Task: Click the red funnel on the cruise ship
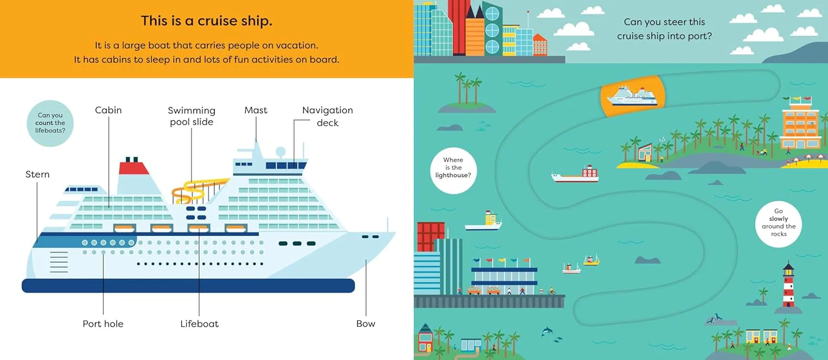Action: click(133, 168)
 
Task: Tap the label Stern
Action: click(38, 174)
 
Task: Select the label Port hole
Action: click(103, 324)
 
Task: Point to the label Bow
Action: click(365, 324)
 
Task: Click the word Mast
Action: click(256, 110)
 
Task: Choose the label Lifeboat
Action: click(199, 324)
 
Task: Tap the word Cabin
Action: click(108, 110)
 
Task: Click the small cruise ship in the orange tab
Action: click(633, 96)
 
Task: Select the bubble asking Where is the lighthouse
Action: click(453, 171)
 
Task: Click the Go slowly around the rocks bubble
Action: click(778, 224)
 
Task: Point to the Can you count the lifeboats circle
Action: click(50, 123)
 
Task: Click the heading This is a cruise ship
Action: click(206, 21)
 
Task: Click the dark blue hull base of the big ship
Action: click(188, 285)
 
